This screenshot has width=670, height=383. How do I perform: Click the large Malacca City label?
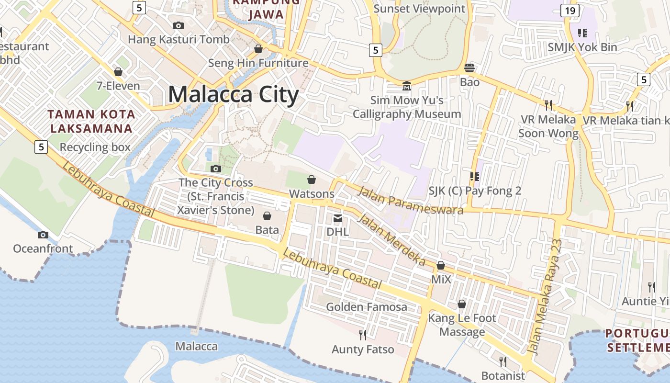coord(234,94)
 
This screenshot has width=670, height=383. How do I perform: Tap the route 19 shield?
coord(569,11)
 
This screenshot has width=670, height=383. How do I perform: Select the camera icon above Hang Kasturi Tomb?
coord(179,25)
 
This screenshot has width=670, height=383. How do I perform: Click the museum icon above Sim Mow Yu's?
coord(407,86)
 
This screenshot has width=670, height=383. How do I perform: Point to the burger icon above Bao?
coord(469,68)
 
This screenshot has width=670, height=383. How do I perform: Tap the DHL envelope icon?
coord(338,218)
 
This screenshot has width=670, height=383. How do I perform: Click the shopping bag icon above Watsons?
coord(312,180)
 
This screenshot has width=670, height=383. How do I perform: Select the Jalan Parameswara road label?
coord(410,199)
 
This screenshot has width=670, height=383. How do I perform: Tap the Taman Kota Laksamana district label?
coord(91,121)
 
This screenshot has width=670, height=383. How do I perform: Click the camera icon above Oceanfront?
coord(43,235)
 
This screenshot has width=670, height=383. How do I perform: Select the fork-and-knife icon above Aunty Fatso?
coord(363,335)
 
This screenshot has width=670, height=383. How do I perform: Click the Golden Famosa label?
coord(367,307)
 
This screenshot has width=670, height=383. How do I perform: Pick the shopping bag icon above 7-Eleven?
coord(118,72)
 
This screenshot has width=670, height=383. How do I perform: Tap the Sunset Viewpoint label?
coord(419,9)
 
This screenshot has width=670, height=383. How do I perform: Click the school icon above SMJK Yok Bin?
coord(582,33)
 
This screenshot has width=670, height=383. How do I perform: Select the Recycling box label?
coord(95,147)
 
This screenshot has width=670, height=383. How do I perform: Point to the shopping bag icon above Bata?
coord(267,216)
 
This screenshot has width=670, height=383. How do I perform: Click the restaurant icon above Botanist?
coord(502,361)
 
